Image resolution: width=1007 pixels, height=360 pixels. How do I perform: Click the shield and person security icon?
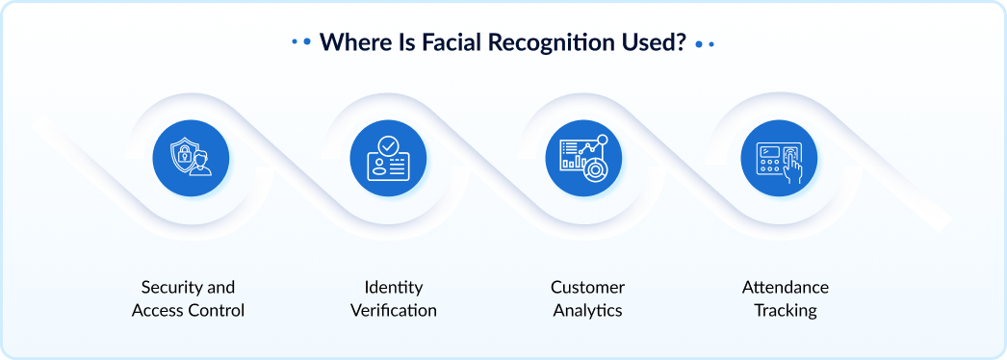tap(191, 158)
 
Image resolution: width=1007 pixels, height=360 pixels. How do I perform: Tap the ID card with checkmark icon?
tap(387, 158)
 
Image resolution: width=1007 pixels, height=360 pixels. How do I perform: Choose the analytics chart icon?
tap(583, 158)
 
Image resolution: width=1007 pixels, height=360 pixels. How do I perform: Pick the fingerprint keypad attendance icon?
tap(779, 158)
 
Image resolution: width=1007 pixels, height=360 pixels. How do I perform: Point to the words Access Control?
tap(188, 311)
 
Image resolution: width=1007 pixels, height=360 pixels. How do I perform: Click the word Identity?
tap(393, 288)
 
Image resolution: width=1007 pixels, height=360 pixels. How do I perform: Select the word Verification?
tap(393, 311)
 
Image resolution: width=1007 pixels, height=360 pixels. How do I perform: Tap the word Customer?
tap(587, 288)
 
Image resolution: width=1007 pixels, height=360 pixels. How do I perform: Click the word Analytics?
tap(587, 311)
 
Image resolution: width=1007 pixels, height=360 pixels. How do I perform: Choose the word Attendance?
tap(785, 288)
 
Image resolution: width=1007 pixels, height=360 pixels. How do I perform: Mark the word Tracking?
tap(785, 311)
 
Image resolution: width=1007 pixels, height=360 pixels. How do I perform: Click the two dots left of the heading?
tap(301, 43)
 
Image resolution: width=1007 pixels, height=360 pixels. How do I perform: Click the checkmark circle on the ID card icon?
tap(388, 145)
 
